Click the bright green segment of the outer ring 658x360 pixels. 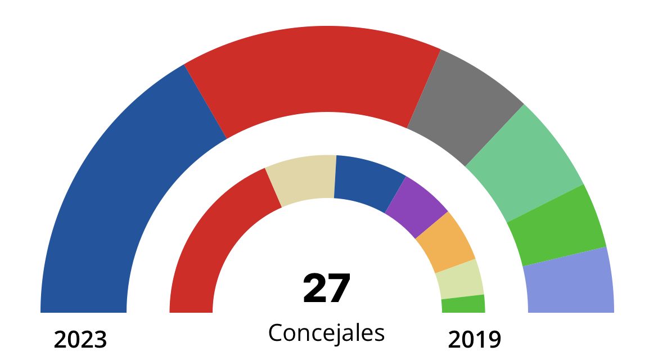(557, 225)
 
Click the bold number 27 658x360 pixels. (326, 289)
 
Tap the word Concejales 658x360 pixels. (326, 333)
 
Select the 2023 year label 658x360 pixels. (80, 340)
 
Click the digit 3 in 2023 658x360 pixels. (100, 340)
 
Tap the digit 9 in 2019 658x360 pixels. (493, 340)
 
